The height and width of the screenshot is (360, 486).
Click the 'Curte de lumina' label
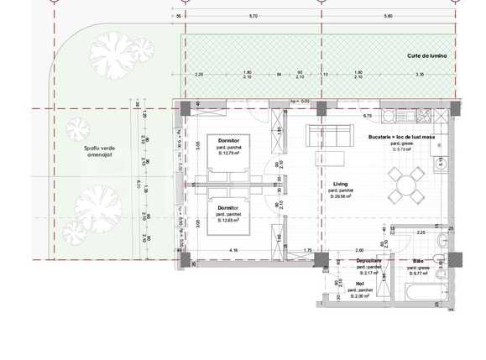(427, 55)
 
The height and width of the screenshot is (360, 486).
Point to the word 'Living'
(340, 184)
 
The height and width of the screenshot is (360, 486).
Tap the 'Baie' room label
(418, 261)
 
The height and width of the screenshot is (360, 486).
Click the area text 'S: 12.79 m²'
(228, 152)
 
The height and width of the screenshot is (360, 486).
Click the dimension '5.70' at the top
(253, 16)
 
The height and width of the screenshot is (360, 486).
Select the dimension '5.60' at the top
(388, 16)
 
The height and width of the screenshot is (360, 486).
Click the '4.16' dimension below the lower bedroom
(233, 250)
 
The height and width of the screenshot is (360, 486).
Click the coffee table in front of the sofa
(325, 159)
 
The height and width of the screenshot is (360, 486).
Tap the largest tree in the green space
(94, 206)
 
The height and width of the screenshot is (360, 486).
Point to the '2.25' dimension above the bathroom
(421, 232)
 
